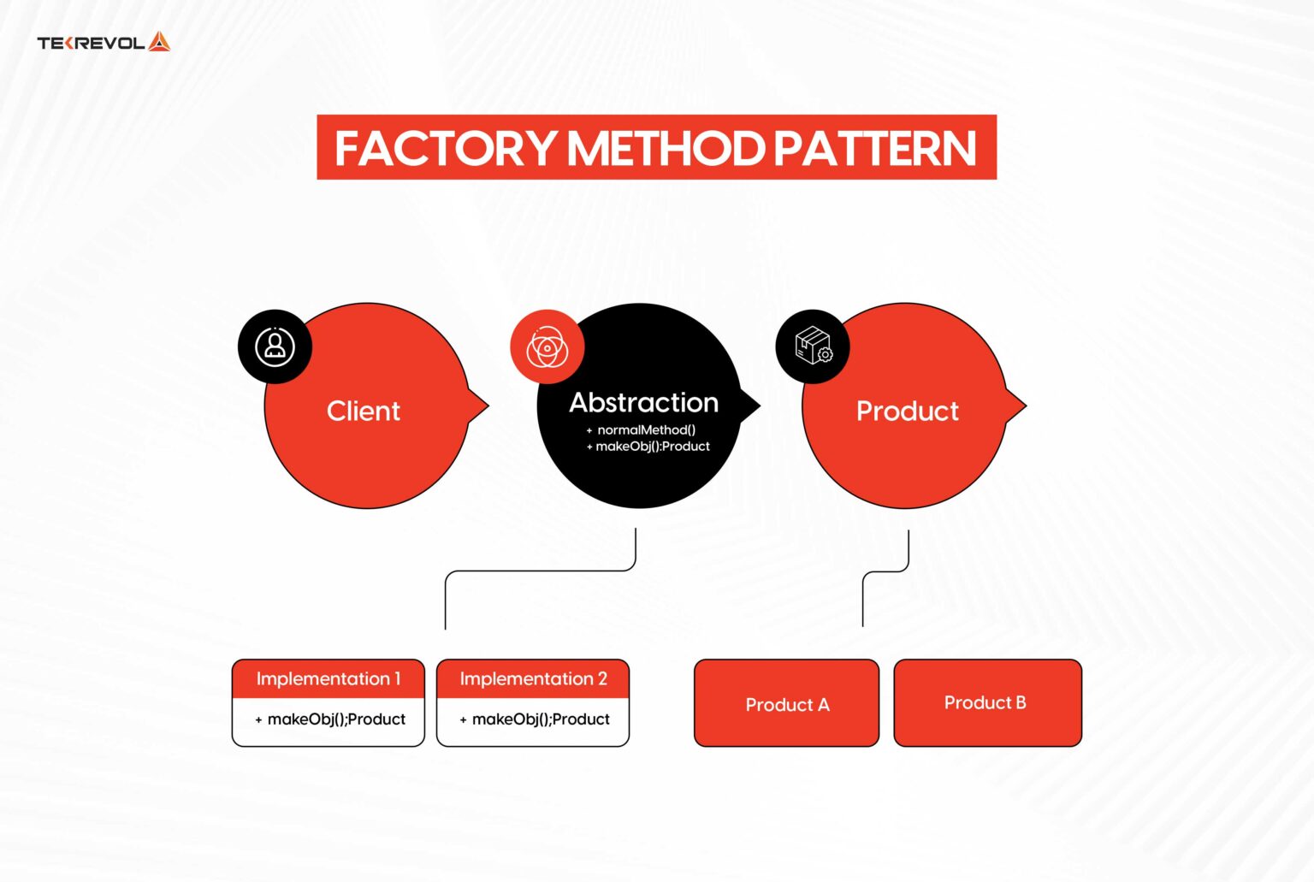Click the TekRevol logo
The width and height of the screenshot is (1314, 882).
[x=103, y=42]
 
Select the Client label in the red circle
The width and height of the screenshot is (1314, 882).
[x=363, y=411]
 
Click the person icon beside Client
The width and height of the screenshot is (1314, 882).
[x=275, y=346]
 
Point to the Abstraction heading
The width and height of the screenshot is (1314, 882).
[x=643, y=403]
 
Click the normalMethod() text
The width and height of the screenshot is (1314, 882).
[x=646, y=429]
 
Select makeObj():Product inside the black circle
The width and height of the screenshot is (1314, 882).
[x=652, y=447]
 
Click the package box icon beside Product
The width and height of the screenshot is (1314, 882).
[x=813, y=346]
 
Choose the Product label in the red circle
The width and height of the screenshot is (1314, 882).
[x=907, y=411]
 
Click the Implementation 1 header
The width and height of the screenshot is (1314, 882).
[x=328, y=679]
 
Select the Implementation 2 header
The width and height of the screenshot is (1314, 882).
[x=533, y=679]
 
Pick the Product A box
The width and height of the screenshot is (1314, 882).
[x=786, y=704]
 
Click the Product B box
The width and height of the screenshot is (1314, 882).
[x=987, y=702]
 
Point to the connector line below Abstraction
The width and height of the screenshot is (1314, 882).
[x=539, y=571]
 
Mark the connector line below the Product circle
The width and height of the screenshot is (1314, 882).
[x=886, y=571]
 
